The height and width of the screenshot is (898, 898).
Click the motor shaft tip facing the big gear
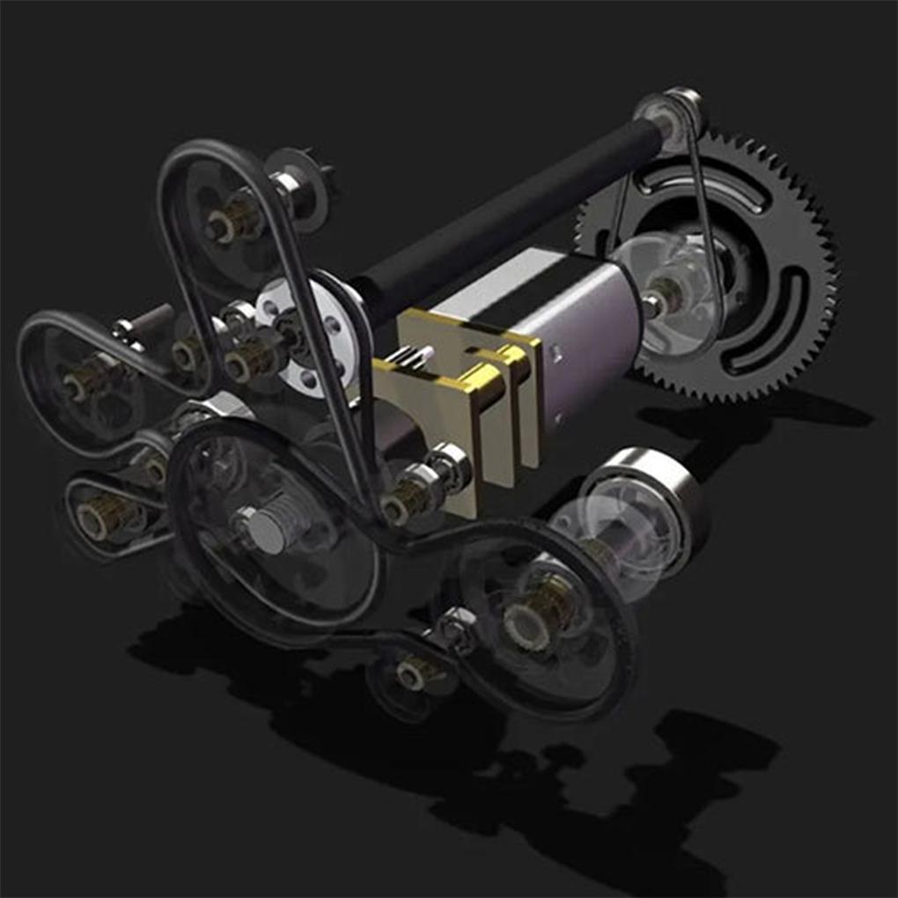(x=651, y=303)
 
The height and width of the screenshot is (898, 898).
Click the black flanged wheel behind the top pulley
(x=308, y=180)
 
